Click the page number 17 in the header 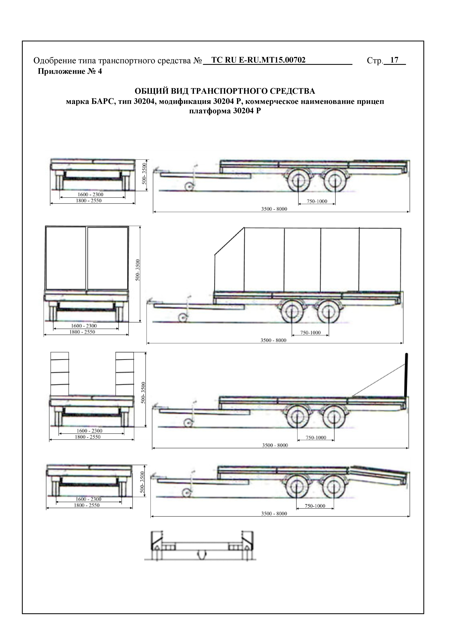point(394,60)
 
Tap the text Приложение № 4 point(70,71)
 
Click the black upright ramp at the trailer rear point(406,375)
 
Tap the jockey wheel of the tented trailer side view point(182,317)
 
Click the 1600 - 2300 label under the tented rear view point(84,326)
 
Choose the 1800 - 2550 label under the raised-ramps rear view point(88,437)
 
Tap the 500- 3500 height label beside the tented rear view point(138,270)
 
